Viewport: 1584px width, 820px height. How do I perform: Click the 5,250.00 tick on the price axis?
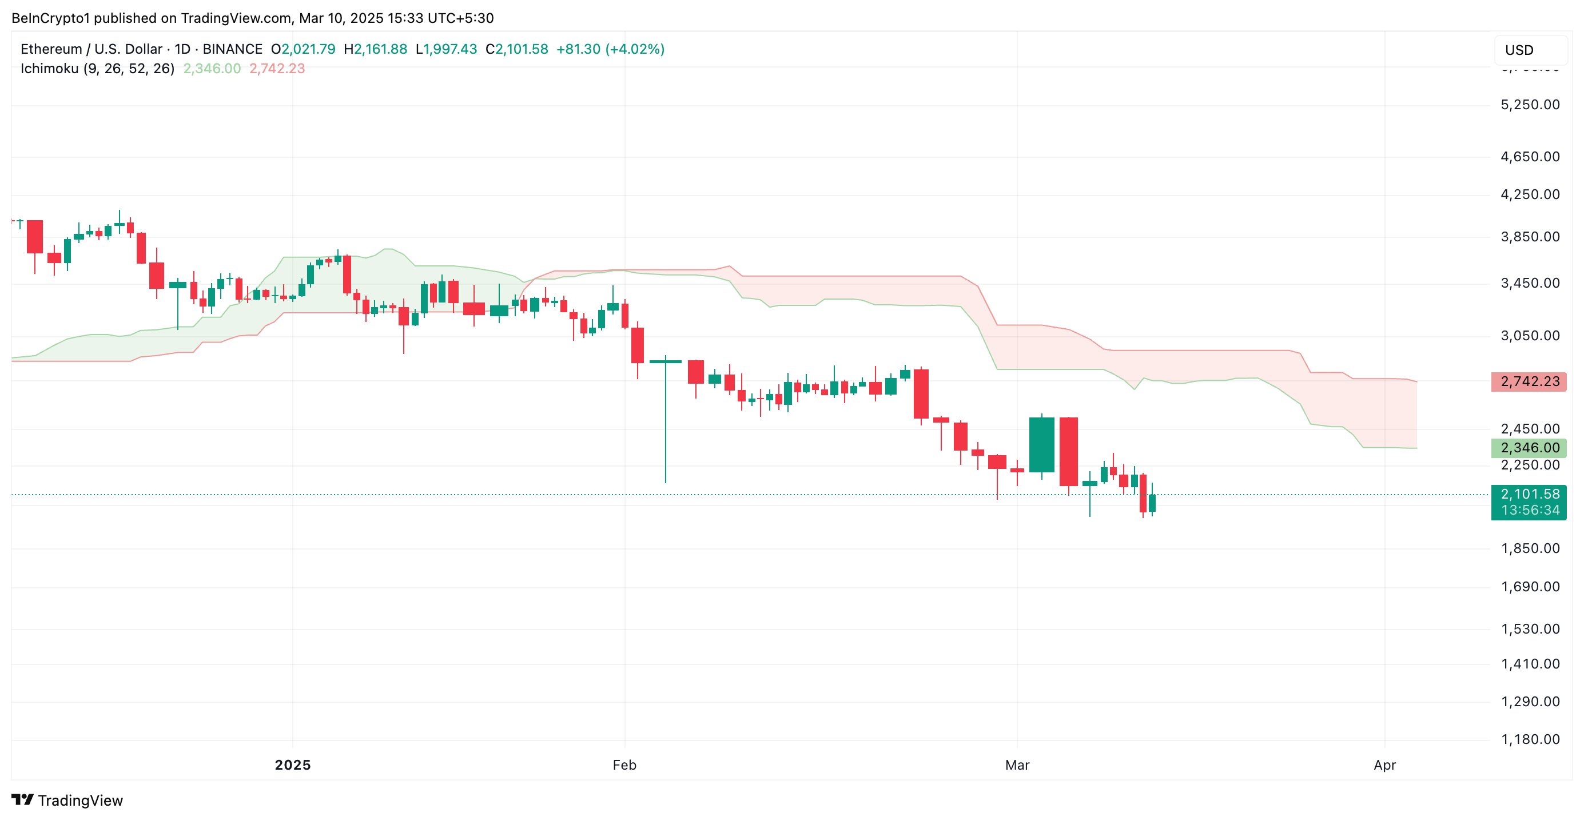point(1529,105)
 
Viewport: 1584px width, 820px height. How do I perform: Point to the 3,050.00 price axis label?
point(1529,336)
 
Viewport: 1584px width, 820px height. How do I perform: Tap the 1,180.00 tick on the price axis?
point(1529,739)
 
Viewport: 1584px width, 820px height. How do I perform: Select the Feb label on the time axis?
point(624,765)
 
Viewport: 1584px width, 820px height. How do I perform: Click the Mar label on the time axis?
point(1017,765)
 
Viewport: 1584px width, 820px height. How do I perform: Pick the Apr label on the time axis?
point(1384,765)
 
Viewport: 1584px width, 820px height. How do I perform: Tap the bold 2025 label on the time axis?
point(293,765)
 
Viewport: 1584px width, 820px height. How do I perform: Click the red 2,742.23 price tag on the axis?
point(1529,382)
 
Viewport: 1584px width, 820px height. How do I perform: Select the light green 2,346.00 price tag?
point(1529,448)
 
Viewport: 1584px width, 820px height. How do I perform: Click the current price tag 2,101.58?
point(1529,494)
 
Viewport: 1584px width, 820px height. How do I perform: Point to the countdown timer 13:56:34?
point(1529,510)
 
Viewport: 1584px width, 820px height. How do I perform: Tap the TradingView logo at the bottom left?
point(67,801)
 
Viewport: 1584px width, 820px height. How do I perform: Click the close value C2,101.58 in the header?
point(516,49)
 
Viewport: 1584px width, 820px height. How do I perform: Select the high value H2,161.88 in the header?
point(375,49)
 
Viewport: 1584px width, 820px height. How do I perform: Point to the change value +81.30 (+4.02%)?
point(610,49)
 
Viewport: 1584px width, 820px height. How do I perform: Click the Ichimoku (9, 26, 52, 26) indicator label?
point(97,68)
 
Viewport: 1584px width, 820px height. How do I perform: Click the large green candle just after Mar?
point(1042,444)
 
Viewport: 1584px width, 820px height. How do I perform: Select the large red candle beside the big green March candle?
point(1069,451)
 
